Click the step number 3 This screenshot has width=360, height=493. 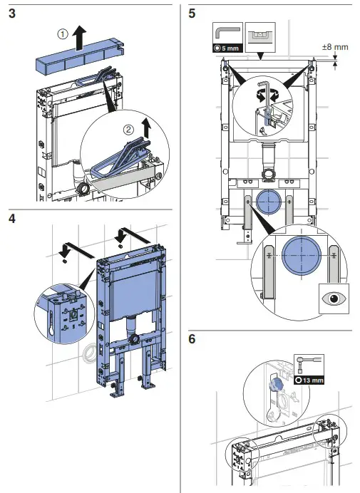[x=12, y=14]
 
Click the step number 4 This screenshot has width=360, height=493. [x=12, y=219]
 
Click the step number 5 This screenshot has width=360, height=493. [x=192, y=14]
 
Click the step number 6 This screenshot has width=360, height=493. [x=192, y=339]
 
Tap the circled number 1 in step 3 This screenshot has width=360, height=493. [x=63, y=34]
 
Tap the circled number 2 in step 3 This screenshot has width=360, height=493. [x=128, y=130]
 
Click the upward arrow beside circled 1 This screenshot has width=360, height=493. [x=80, y=38]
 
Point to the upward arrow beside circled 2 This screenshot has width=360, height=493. [x=145, y=128]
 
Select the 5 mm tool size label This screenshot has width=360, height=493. [x=227, y=48]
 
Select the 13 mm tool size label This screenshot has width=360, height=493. [x=309, y=380]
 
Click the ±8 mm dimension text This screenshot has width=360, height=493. [x=335, y=47]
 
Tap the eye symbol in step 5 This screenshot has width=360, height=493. [x=334, y=298]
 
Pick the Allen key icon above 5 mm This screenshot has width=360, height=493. [x=227, y=33]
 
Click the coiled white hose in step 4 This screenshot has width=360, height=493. [x=89, y=353]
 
